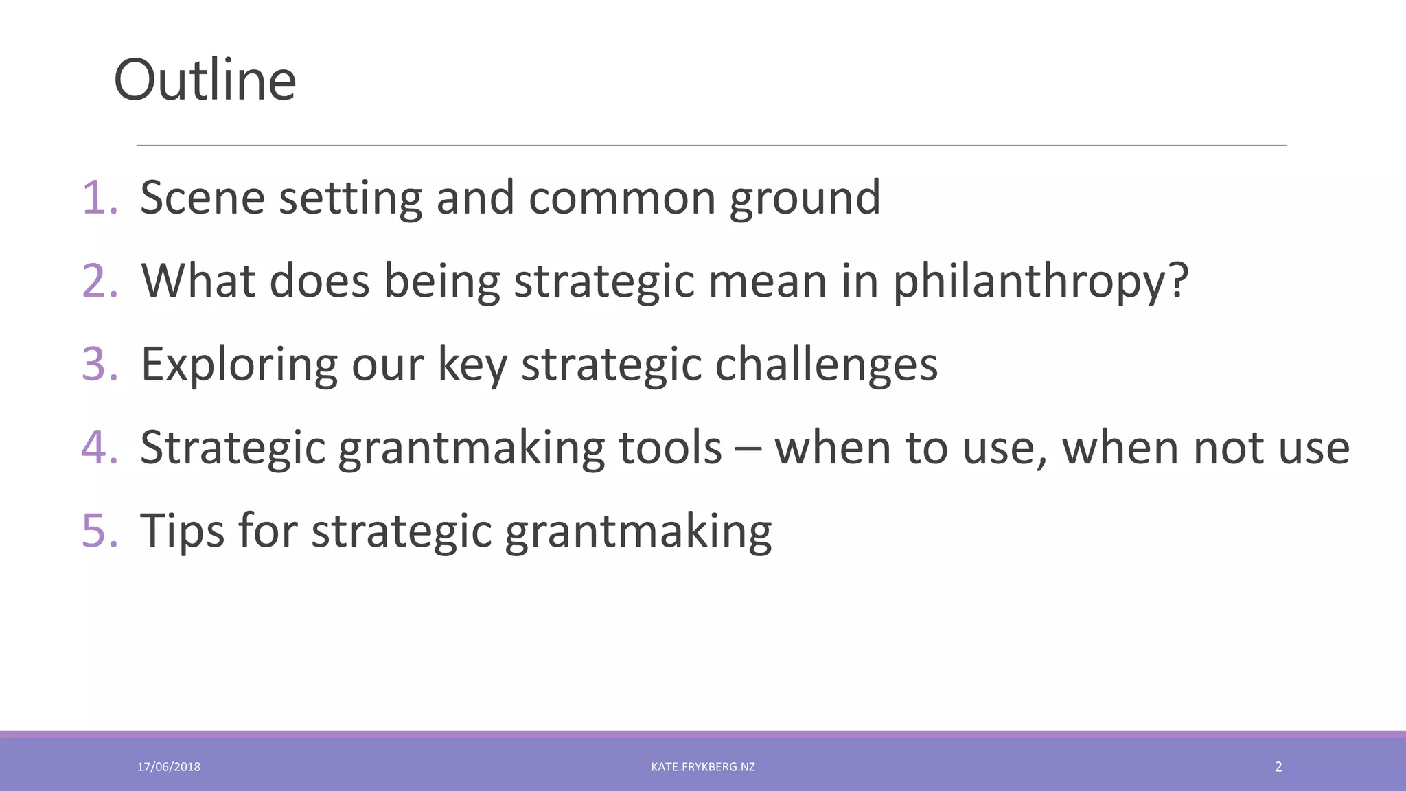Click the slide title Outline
pos(205,80)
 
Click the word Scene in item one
pos(203,198)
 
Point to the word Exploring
pos(239,365)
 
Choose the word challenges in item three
pos(826,365)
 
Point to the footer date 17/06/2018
pos(169,767)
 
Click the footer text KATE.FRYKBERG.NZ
pos(703,767)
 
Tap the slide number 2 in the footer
pos(1278,767)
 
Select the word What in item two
pos(198,281)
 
